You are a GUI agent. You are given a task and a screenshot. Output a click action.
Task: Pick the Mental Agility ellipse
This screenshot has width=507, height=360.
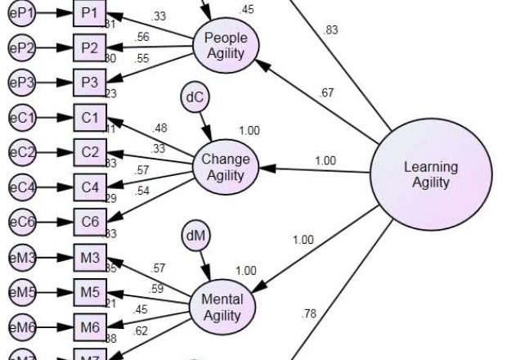222,307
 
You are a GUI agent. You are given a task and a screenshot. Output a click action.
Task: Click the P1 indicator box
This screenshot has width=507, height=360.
90,14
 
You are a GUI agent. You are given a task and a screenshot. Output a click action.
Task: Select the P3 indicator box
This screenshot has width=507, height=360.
90,83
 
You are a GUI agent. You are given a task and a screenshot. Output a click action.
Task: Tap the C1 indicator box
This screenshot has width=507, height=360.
90,119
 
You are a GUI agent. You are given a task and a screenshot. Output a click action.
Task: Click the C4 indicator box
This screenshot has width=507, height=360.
90,186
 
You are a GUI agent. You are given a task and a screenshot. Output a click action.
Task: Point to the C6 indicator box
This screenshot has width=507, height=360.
90,221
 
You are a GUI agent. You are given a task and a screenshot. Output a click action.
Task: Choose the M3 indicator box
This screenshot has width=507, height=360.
90,258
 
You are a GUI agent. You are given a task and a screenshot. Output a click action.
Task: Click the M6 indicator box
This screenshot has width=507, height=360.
90,327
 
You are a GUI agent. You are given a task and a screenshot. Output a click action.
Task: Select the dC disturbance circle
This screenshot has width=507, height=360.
195,99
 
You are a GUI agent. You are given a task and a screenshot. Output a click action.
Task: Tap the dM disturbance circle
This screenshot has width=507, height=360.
195,237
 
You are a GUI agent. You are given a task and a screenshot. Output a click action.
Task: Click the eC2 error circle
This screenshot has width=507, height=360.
21,152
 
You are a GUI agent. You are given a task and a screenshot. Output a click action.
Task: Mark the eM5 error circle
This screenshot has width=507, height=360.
21,292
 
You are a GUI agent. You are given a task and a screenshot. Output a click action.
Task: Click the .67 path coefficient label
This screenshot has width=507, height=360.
326,93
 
